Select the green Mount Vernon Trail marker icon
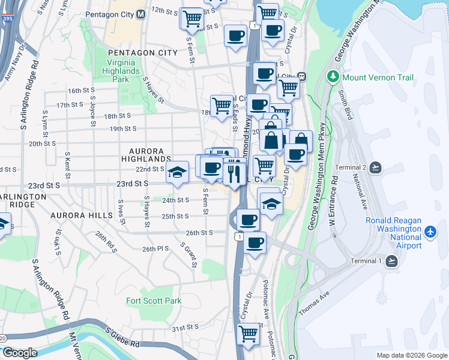click(x=333, y=77)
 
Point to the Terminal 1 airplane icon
click(x=392, y=260)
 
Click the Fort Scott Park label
click(x=154, y=301)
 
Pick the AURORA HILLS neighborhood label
click(x=82, y=215)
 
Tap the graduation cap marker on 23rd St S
click(x=177, y=172)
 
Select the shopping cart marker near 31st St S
click(x=248, y=333)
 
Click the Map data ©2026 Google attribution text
click(x=411, y=355)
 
